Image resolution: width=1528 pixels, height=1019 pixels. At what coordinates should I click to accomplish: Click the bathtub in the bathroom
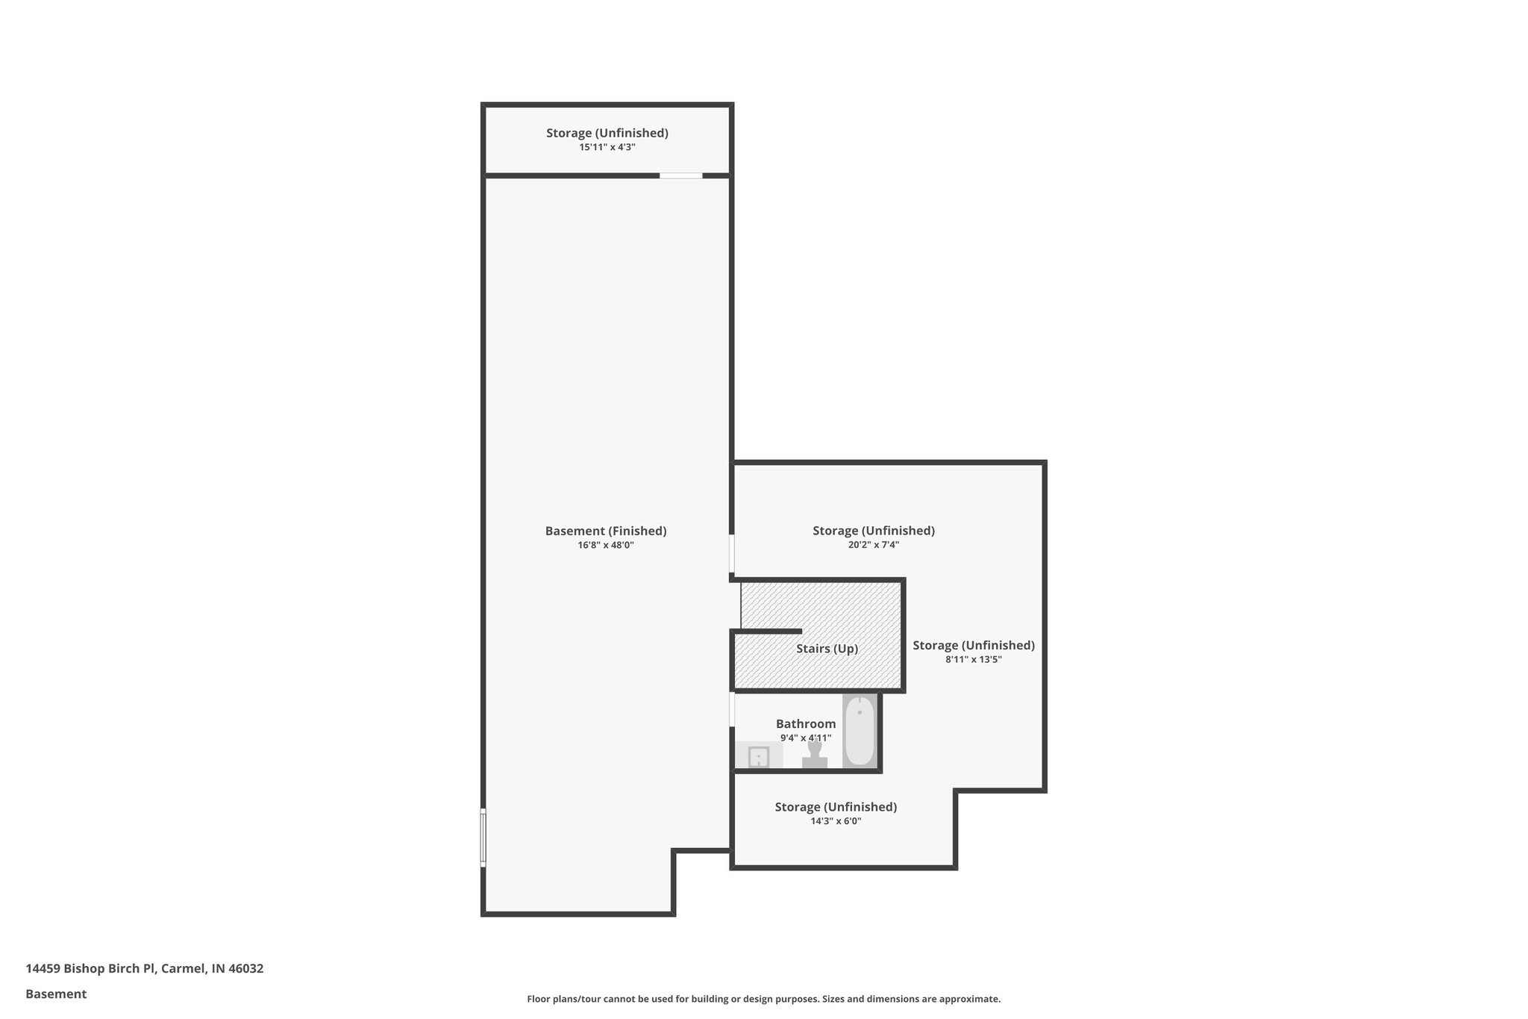point(859,731)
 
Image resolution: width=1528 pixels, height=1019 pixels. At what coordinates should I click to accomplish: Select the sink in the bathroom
point(758,756)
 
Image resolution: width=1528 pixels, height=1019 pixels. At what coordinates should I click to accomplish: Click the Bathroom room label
point(806,723)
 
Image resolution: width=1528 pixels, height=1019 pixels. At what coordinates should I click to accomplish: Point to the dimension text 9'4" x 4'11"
point(806,738)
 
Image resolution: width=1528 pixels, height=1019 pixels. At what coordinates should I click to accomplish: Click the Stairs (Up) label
point(827,649)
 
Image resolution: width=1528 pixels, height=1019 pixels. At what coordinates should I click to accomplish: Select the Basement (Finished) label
point(606,531)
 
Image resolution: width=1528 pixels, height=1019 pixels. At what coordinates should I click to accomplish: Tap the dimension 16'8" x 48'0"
point(606,545)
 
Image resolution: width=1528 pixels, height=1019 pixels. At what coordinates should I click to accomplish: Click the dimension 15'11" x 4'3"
point(607,147)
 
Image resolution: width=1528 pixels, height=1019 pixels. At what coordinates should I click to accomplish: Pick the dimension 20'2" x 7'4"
point(874,545)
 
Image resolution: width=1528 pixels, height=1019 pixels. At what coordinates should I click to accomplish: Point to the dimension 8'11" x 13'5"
point(974,659)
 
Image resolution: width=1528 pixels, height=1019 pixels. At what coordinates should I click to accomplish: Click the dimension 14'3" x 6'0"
point(836,821)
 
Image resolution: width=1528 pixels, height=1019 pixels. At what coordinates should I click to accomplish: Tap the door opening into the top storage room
point(680,175)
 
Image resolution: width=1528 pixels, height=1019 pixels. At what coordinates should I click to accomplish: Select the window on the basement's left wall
point(483,838)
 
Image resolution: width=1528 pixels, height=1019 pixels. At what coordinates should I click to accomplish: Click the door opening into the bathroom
point(732,709)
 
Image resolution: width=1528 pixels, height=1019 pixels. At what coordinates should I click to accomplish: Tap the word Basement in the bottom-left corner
point(56,994)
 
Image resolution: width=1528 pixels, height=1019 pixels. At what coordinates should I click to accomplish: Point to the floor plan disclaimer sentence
point(763,999)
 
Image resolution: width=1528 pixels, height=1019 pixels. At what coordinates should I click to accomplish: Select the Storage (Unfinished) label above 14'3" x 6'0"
point(836,807)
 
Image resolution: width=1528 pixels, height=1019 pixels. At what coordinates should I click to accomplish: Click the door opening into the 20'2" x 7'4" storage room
point(732,553)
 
